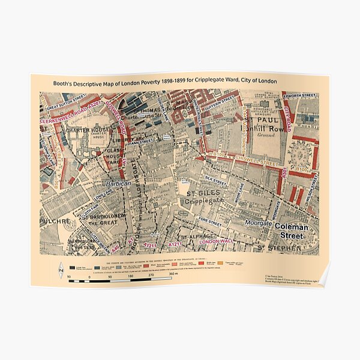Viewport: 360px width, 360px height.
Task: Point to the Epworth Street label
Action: (x=301, y=95)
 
